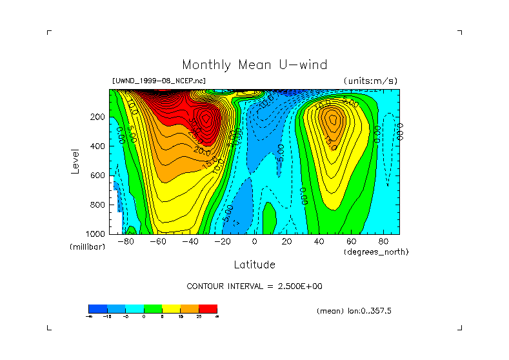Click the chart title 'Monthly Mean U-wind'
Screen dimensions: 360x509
pyautogui.click(x=254, y=65)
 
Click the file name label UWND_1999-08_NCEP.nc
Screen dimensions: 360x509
pyautogui.click(x=159, y=81)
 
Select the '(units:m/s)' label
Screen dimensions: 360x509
pyautogui.click(x=370, y=81)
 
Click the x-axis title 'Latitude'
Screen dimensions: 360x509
pyautogui.click(x=254, y=265)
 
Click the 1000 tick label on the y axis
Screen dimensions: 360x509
pyautogui.click(x=95, y=234)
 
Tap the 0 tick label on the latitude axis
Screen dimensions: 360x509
pyautogui.click(x=255, y=242)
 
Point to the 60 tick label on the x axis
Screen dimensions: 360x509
pyautogui.click(x=351, y=242)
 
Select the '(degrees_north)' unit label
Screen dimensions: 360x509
pyautogui.click(x=376, y=252)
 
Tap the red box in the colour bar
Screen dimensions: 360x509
pyautogui.click(x=208, y=308)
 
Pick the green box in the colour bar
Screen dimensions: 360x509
pyautogui.click(x=152, y=308)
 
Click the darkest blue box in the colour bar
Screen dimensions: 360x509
pyautogui.click(x=97, y=308)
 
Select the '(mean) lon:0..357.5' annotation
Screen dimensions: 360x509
pyautogui.click(x=354, y=310)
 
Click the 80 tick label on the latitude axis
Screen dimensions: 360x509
pyautogui.click(x=383, y=242)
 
